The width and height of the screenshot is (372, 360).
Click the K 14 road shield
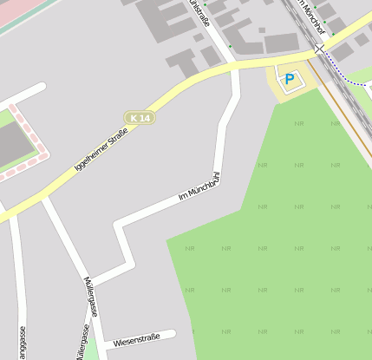139,117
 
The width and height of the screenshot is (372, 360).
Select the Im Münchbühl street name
199,188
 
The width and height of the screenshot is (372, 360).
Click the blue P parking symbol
290,79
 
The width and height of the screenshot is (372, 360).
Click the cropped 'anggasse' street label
21,343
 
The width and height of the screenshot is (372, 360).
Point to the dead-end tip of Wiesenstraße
173,333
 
